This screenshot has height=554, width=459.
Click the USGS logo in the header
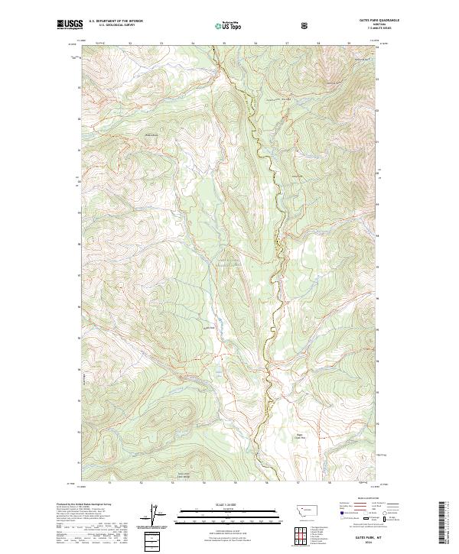(x=70, y=26)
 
